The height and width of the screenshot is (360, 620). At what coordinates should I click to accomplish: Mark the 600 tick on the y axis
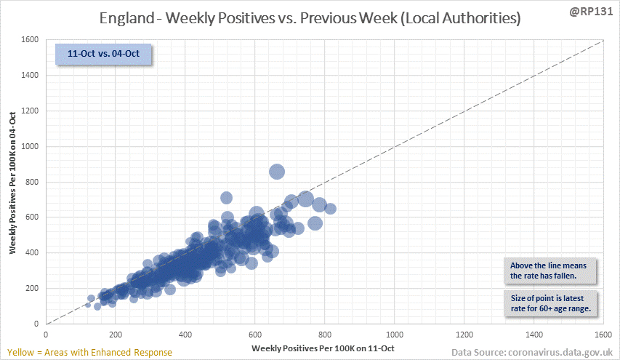click(32, 217)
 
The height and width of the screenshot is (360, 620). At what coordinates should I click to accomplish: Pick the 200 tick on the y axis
click(32, 288)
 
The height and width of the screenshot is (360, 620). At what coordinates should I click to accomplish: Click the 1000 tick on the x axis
click(395, 335)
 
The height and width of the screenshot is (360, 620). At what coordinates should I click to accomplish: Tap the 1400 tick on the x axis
click(534, 335)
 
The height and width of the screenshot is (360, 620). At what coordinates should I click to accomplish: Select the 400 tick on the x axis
click(185, 335)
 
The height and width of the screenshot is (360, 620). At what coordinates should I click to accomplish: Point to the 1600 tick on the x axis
click(603, 335)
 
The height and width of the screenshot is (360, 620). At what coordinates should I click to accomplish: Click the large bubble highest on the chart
click(276, 172)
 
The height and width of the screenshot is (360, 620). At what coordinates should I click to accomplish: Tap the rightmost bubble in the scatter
click(330, 209)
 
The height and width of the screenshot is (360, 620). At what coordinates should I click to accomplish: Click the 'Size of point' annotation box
click(549, 304)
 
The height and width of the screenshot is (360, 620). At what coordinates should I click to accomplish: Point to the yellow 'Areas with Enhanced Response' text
click(87, 352)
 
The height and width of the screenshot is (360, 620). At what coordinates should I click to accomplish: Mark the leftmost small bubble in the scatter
click(88, 305)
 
